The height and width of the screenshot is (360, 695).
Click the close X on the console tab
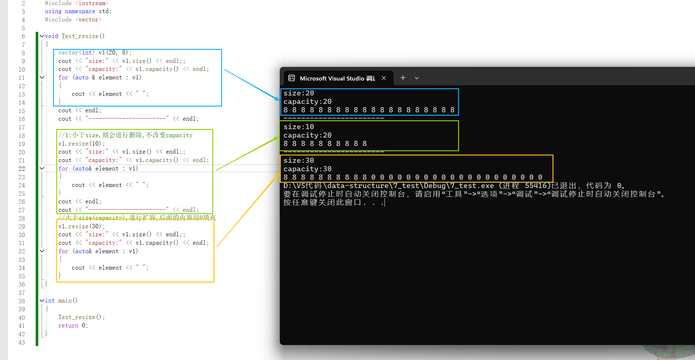(384, 78)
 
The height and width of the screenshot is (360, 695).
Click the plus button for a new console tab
(403, 78)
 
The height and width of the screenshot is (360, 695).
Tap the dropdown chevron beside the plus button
(417, 78)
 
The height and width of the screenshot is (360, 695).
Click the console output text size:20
(298, 93)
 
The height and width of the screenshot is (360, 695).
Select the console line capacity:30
(307, 169)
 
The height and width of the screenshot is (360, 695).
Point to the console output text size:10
(298, 127)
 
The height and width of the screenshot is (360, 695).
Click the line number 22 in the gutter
(22, 169)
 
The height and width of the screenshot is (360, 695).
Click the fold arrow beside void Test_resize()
(42, 36)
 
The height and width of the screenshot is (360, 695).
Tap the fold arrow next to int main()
(42, 300)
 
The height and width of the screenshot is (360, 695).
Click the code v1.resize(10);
(82, 143)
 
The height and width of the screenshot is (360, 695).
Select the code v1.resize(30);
(82, 226)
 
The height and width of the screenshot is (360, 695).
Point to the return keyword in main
(68, 326)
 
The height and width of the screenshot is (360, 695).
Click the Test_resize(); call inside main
(81, 317)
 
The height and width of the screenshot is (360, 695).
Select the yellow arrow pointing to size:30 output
(248, 210)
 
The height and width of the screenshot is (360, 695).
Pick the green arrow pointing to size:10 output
(247, 154)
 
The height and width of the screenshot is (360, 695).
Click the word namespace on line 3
(80, 11)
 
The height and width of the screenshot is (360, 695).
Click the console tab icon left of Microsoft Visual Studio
(292, 78)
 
